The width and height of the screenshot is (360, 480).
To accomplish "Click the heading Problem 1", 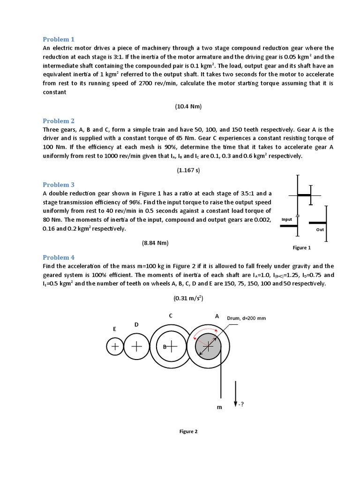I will (59, 39).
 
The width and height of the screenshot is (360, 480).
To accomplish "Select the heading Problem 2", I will (59, 120).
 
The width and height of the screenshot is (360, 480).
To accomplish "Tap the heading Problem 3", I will (59, 185).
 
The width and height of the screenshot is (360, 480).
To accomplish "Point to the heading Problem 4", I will (59, 257).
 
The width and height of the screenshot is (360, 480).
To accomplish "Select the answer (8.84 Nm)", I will (155, 243).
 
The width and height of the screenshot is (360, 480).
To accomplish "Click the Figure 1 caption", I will (302, 247).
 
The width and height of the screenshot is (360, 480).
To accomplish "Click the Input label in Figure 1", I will (287, 219).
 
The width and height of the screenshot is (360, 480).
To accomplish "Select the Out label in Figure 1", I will (320, 230).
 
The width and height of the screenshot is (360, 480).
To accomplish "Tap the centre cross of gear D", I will (136, 346).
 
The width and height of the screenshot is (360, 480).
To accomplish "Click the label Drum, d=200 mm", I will (246, 318).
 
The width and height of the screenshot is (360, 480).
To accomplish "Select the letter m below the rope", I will (218, 407).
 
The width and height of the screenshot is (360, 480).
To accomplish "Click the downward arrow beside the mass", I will (235, 394).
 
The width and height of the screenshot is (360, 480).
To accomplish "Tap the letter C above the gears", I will (171, 316).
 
